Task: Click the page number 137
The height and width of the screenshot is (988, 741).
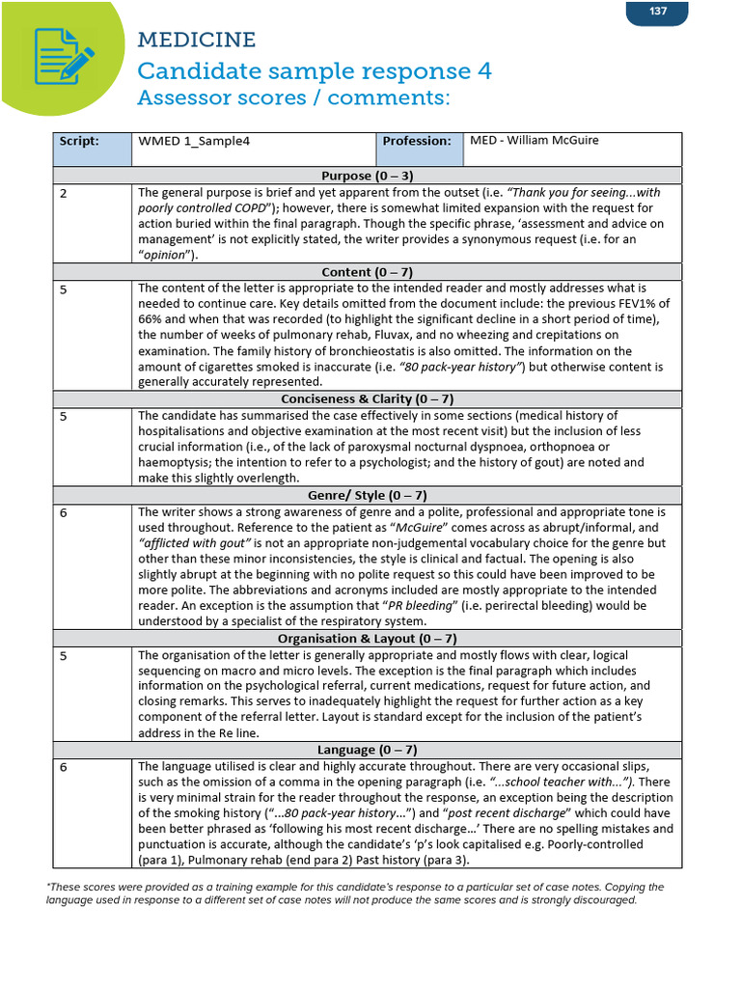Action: click(x=657, y=12)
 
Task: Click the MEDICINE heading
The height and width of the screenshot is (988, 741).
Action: click(x=196, y=40)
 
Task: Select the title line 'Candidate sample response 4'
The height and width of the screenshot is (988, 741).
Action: click(x=315, y=70)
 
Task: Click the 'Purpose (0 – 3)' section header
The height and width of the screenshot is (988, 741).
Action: click(x=367, y=176)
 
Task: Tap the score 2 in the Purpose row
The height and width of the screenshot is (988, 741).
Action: click(x=64, y=193)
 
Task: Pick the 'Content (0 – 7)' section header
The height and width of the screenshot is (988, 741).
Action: click(x=367, y=272)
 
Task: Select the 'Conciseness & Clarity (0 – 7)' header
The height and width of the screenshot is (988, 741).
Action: click(x=367, y=398)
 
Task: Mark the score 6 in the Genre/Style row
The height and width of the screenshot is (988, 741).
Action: click(x=64, y=512)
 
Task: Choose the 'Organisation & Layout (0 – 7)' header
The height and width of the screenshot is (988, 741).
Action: click(x=367, y=639)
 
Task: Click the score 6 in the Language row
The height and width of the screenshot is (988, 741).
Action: click(x=64, y=766)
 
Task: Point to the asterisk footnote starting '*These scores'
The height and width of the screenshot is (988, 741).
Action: click(x=355, y=892)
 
